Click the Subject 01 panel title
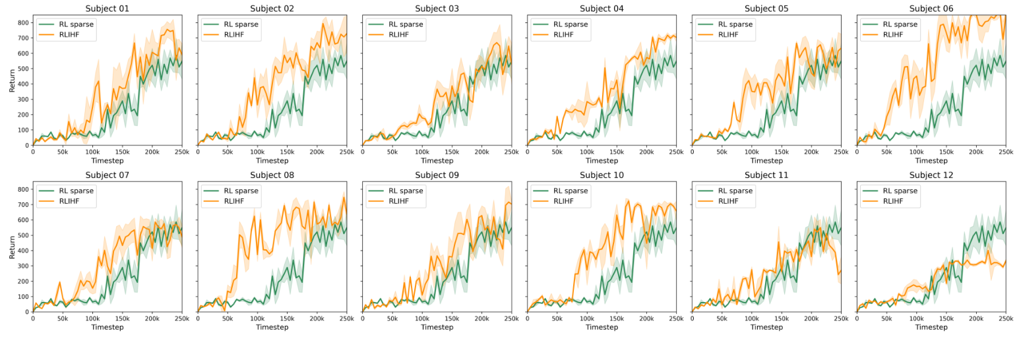point(107,9)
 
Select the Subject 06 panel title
point(931,9)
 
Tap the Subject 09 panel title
point(437,175)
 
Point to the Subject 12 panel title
point(931,175)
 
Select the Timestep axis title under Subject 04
point(602,161)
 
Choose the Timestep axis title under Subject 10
point(602,327)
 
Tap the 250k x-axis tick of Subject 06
point(1005,152)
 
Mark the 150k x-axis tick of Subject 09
point(452,318)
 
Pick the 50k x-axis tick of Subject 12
point(886,318)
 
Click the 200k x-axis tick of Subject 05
point(811,152)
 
